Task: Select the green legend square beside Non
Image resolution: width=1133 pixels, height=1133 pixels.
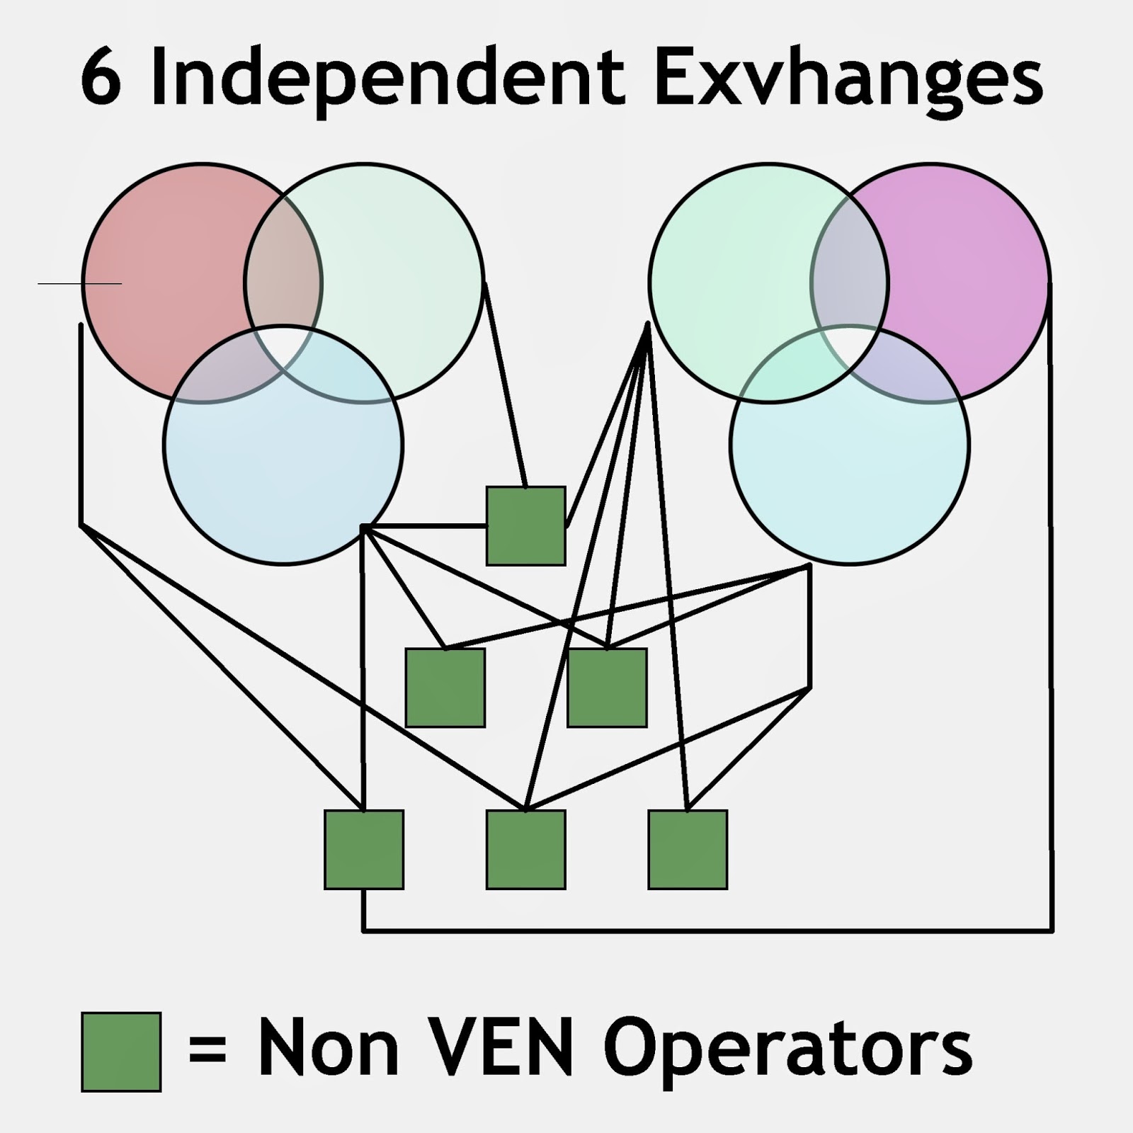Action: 121,1052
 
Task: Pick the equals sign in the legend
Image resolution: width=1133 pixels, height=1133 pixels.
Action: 207,1048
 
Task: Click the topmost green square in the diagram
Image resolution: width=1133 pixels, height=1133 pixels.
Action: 525,525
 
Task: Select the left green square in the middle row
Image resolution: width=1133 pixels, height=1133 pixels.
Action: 445,687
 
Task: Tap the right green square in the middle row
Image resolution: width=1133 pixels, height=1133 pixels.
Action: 607,687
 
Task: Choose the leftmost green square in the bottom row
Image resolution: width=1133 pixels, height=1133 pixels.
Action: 364,849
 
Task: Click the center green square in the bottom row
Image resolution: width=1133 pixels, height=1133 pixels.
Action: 525,849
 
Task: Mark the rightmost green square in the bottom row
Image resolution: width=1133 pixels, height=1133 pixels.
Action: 688,849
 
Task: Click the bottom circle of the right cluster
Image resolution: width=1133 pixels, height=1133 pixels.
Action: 850,482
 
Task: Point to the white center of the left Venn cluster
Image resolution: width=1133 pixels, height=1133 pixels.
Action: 283,347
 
